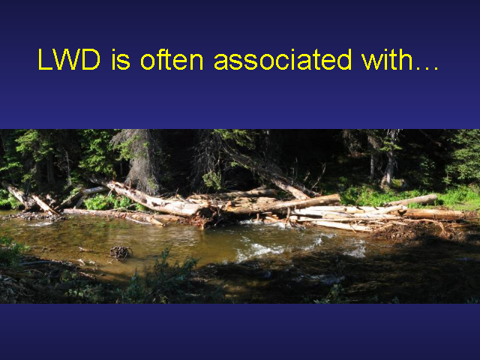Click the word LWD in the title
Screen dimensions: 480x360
tap(69, 59)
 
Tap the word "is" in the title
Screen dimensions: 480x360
tap(121, 59)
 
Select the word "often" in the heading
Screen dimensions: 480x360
tap(172, 59)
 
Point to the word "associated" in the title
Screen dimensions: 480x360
tap(283, 59)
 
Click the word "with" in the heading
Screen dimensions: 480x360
tap(388, 59)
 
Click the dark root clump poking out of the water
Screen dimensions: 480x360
tap(121, 252)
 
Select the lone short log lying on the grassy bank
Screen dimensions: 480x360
tap(412, 200)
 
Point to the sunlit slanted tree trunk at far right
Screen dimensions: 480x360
tap(389, 162)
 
